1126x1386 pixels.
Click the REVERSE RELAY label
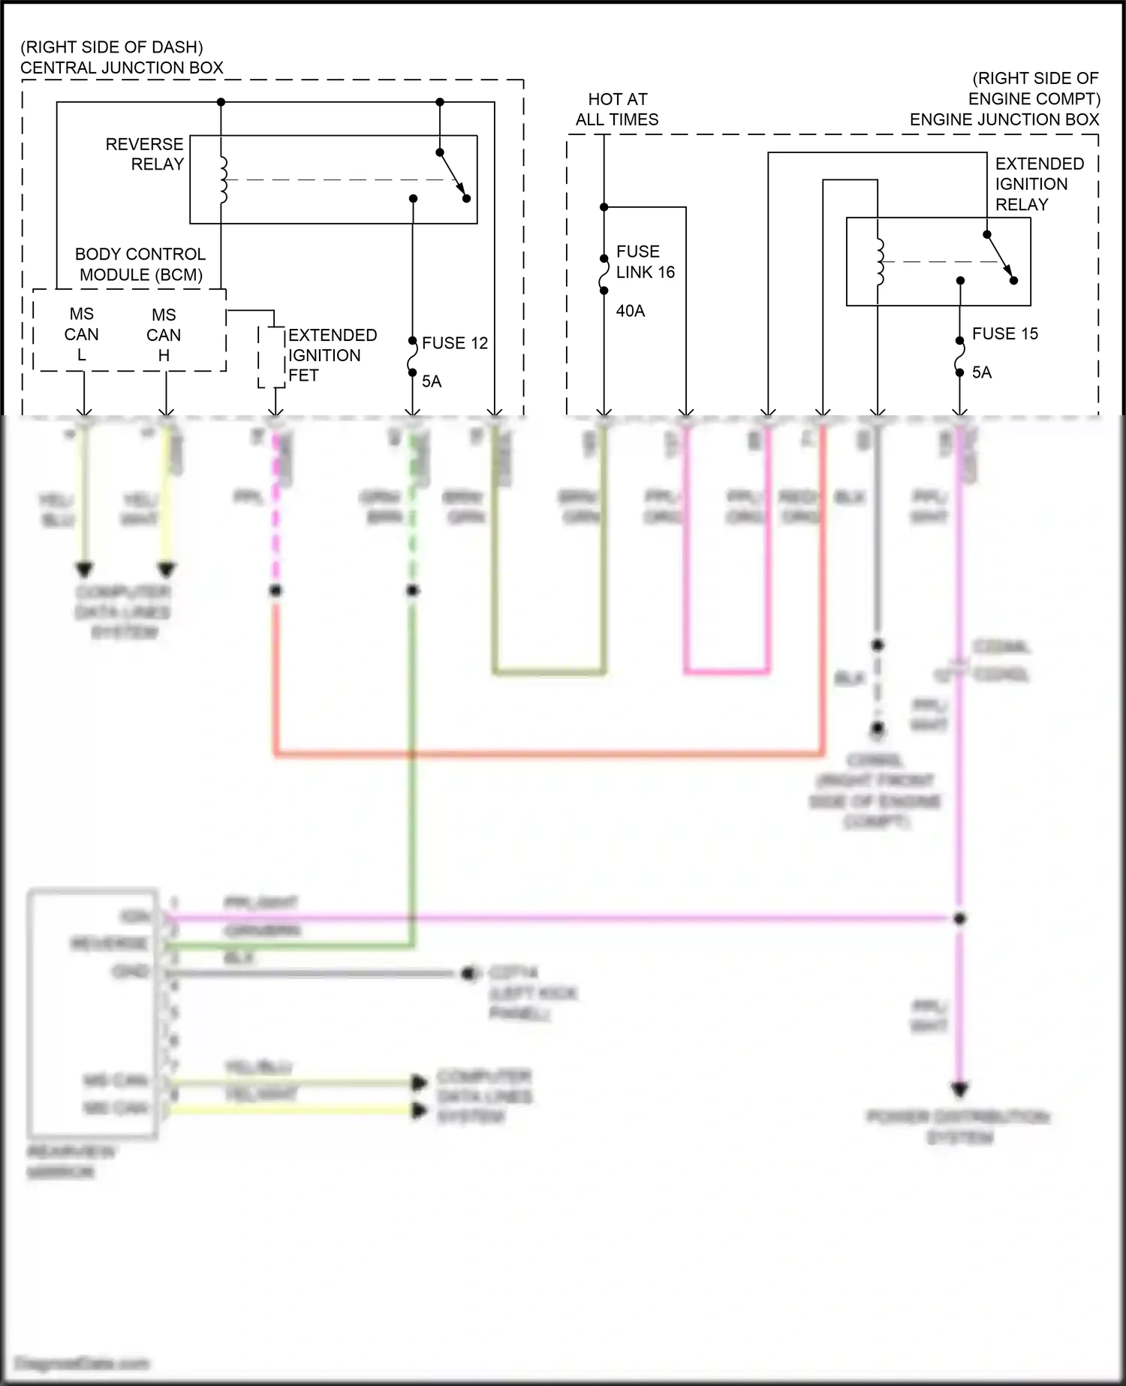click(144, 154)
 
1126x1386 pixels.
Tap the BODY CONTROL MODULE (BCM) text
click(140, 264)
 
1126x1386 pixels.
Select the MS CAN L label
click(81, 334)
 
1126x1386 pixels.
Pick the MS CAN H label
click(164, 335)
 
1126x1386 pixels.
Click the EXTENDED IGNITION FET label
click(331, 355)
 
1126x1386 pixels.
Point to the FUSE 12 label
click(454, 343)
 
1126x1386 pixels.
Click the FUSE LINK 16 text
click(645, 262)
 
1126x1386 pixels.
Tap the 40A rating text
click(631, 311)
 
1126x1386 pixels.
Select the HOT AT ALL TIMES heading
click(617, 110)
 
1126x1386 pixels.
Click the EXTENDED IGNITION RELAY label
click(1039, 184)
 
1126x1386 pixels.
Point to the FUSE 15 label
click(1004, 334)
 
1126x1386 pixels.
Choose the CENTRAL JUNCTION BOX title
click(122, 68)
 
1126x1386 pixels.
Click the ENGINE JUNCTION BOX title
click(1004, 119)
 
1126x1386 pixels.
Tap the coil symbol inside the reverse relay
click(223, 180)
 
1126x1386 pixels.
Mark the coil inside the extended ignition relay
click(880, 262)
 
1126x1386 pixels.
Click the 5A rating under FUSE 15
click(981, 372)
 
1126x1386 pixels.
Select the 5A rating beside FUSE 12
click(431, 381)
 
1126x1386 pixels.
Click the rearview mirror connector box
click(92, 1014)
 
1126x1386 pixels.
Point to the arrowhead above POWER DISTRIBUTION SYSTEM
click(959, 1089)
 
